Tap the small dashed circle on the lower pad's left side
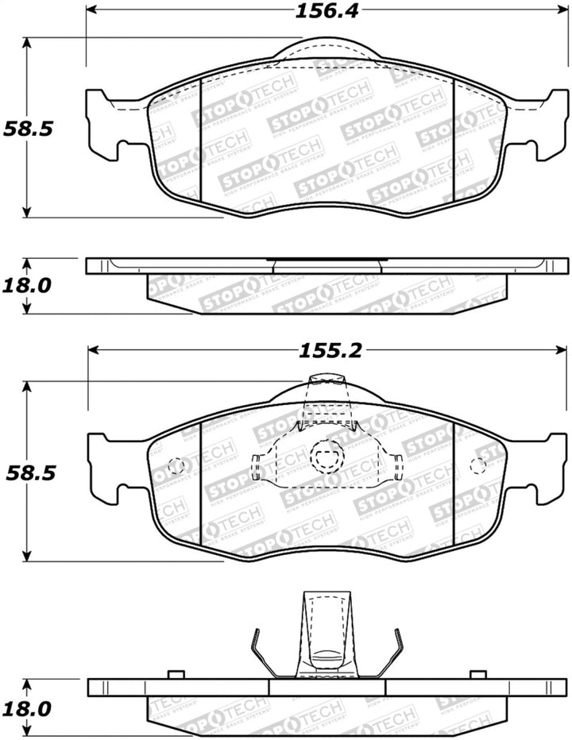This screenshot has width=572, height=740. [x=176, y=466]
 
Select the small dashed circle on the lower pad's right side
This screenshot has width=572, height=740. [x=479, y=466]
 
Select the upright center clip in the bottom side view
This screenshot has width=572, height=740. [x=325, y=635]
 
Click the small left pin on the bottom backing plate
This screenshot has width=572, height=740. [x=177, y=675]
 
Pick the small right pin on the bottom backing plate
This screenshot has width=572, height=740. [x=477, y=675]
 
